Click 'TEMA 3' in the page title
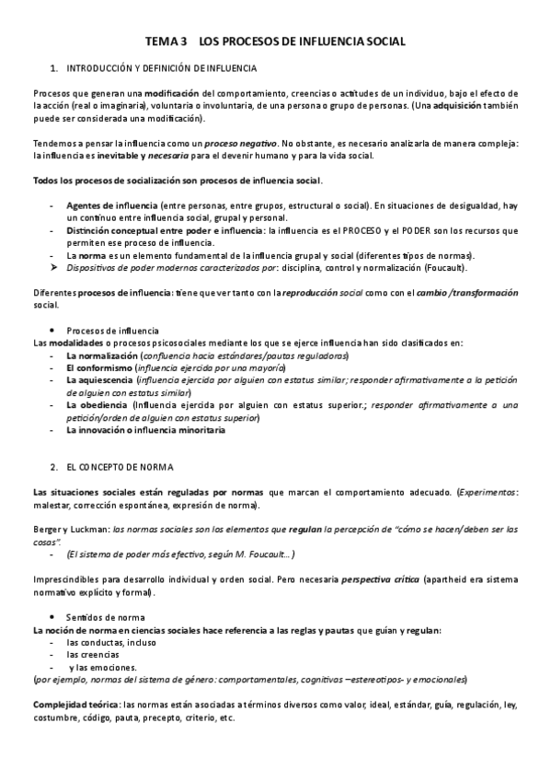166,42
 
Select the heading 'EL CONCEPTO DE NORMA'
119,468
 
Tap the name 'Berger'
47,530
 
